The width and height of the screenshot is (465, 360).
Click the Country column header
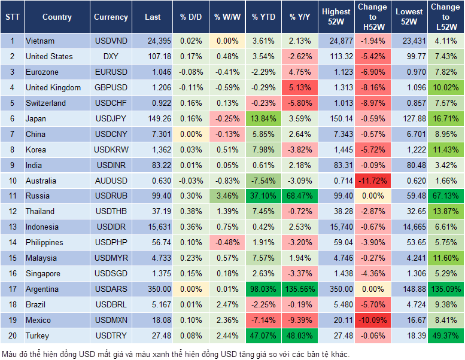pyautogui.click(x=57, y=17)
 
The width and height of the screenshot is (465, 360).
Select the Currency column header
pyautogui.click(x=111, y=17)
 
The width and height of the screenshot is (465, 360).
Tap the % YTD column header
pyautogui.click(x=263, y=17)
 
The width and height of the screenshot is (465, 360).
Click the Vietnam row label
pyautogui.click(x=40, y=41)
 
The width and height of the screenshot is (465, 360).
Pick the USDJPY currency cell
pyautogui.click(x=111, y=118)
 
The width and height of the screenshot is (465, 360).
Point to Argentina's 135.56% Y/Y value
pyautogui.click(x=301, y=289)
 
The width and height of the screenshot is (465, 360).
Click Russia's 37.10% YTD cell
pyautogui.click(x=263, y=196)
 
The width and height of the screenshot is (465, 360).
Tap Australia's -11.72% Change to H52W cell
pyautogui.click(x=372, y=181)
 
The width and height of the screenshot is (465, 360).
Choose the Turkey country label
pyautogui.click(x=37, y=335)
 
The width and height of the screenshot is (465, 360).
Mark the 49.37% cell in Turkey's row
pyautogui.click(x=445, y=335)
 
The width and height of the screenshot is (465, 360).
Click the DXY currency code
pyautogui.click(x=111, y=56)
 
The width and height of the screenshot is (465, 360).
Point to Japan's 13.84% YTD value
pyautogui.click(x=263, y=118)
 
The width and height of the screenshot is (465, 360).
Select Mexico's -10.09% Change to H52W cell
pyautogui.click(x=372, y=320)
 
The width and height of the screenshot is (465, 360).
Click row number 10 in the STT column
pyautogui.click(x=12, y=181)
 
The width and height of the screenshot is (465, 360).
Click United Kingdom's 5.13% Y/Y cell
pyautogui.click(x=301, y=87)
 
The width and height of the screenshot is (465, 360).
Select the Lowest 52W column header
pyautogui.click(x=409, y=17)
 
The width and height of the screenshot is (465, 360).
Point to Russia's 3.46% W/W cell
pyautogui.click(x=227, y=196)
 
